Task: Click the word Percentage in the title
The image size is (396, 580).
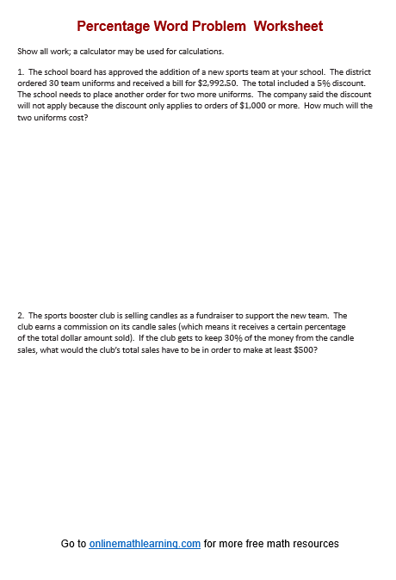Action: pyautogui.click(x=111, y=27)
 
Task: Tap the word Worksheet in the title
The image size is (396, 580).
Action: pyautogui.click(x=288, y=27)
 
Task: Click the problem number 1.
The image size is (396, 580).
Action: pyautogui.click(x=20, y=71)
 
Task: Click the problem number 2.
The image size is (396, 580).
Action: pyautogui.click(x=20, y=316)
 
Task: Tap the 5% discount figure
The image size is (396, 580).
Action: pyautogui.click(x=312, y=83)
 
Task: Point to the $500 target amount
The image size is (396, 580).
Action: pyautogui.click(x=306, y=349)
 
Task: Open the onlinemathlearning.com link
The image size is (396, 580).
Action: pyautogui.click(x=145, y=544)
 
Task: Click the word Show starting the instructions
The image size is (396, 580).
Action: pyautogui.click(x=26, y=52)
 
